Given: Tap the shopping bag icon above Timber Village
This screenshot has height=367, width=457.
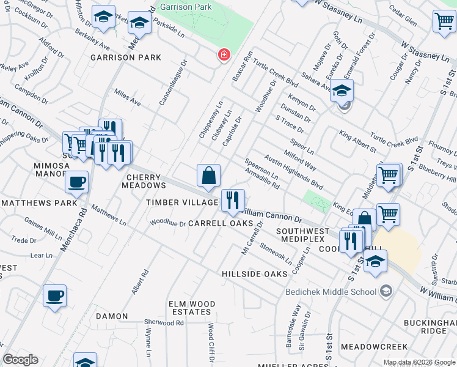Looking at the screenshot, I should click(208, 175).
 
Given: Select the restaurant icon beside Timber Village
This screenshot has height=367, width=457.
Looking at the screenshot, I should click(233, 200).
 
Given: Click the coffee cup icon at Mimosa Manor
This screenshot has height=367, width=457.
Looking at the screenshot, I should click(76, 182).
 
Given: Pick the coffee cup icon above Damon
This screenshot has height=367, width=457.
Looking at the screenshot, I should click(54, 296).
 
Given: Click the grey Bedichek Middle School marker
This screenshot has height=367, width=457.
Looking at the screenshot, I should click(386, 291).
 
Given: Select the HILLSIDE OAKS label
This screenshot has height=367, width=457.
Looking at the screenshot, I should click(254, 274).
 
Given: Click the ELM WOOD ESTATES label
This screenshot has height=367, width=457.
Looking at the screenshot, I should click(192, 308).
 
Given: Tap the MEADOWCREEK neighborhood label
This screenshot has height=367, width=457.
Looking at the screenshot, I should click(374, 346).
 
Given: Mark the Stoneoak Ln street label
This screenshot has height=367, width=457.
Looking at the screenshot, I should click(276, 251).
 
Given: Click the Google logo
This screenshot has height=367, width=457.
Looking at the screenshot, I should click(21, 360).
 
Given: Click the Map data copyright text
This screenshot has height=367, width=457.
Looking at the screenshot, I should click(419, 362).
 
